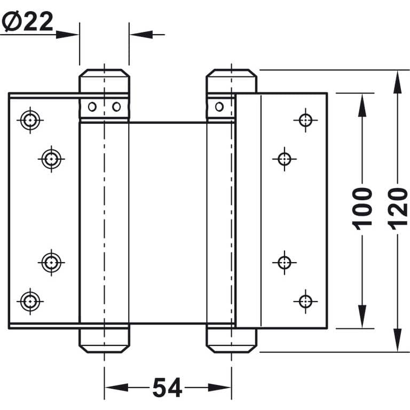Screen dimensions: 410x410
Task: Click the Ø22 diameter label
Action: click(27, 21)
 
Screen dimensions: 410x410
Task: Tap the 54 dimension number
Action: click(167, 387)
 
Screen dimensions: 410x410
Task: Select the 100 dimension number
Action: click(362, 209)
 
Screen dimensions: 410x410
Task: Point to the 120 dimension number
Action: click(397, 209)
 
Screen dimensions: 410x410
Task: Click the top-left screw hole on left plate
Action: click(30, 120)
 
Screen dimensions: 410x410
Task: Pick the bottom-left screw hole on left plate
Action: click(30, 302)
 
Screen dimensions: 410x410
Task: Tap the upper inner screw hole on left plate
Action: click(51, 159)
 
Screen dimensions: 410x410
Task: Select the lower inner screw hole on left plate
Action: click(51, 263)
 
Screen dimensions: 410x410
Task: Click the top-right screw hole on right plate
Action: click(305, 120)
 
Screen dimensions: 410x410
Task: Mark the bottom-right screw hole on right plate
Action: click(305, 302)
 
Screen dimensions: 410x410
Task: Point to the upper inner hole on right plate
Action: click(285, 159)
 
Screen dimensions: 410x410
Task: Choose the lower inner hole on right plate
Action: click(285, 263)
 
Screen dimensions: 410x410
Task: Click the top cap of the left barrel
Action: click(104, 81)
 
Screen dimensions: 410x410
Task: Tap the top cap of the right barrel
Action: click(231, 81)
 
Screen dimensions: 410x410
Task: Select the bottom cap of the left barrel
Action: click(104, 341)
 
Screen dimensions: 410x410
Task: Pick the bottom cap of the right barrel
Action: click(231, 341)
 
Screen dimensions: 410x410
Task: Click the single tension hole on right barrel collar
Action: click(219, 107)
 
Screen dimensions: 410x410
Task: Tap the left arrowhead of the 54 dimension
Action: click(116, 388)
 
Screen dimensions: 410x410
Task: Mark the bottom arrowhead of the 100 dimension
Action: click(362, 317)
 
